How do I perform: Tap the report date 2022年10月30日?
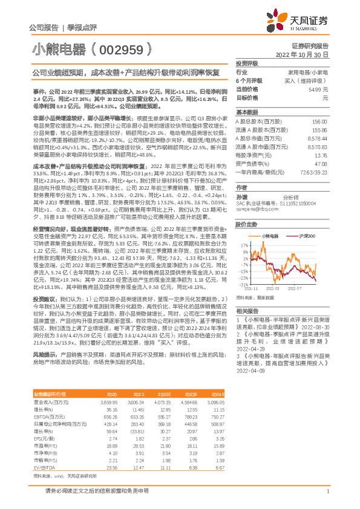(307, 54)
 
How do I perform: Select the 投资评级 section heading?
(247, 63)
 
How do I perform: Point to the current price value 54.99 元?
(318, 89)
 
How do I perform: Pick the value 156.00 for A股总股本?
(320, 122)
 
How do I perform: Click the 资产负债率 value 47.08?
(321, 163)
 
